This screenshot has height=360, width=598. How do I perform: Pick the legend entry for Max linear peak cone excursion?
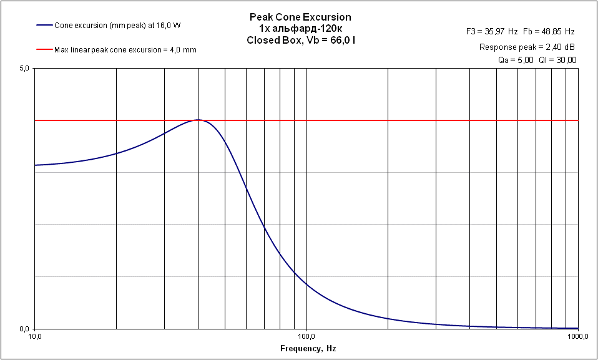(x=125, y=50)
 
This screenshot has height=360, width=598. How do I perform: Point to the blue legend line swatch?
(x=44, y=26)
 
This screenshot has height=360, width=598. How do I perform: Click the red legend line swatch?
(x=44, y=50)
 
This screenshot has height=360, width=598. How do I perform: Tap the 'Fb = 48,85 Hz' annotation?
(x=550, y=31)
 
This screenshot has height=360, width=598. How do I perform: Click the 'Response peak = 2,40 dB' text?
(x=527, y=47)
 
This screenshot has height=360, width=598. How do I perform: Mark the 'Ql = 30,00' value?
(x=558, y=60)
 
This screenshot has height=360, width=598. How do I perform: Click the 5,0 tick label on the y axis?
(x=24, y=68)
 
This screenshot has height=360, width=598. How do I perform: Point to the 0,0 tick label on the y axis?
(x=24, y=329)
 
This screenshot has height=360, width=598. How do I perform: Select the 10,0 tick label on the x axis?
(x=36, y=336)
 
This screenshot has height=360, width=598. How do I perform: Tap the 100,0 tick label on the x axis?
(x=306, y=336)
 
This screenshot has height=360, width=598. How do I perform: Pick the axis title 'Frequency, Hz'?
(x=306, y=348)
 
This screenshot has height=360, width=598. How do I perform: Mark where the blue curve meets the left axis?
(x=36, y=165)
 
